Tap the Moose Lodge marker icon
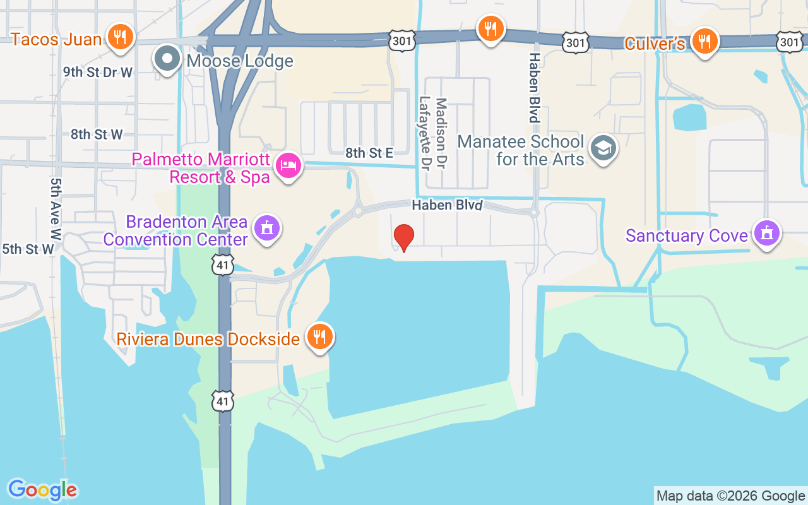pyautogui.click(x=167, y=59)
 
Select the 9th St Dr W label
pyautogui.click(x=98, y=73)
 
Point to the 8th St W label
pyautogui.click(x=97, y=134)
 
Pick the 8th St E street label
pyautogui.click(x=369, y=152)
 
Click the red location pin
pyautogui.click(x=404, y=237)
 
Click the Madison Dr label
pyautogui.click(x=441, y=133)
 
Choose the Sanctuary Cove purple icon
pyautogui.click(x=767, y=233)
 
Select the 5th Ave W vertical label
pyautogui.click(x=56, y=209)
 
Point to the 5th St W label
pyautogui.click(x=28, y=249)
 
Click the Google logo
pyautogui.click(x=43, y=490)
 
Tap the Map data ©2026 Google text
pyautogui.click(x=730, y=496)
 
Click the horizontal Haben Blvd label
pyautogui.click(x=447, y=206)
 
